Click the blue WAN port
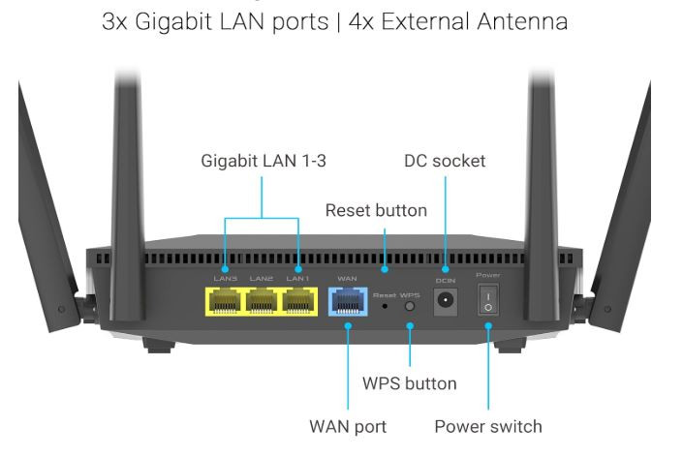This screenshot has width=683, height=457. click(347, 303)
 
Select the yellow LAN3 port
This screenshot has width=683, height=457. click(225, 303)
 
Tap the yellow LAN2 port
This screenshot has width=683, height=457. click(261, 303)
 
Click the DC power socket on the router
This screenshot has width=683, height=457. click(446, 303)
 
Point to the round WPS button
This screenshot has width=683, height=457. click(410, 305)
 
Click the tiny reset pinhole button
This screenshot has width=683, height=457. click(387, 306)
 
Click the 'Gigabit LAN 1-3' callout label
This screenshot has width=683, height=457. click(263, 162)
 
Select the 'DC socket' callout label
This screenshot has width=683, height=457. click(445, 162)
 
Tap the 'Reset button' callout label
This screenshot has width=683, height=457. click(376, 210)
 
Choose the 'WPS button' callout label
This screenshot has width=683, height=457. click(409, 383)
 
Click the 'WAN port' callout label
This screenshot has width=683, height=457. click(348, 426)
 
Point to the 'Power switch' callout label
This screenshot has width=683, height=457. click(488, 426)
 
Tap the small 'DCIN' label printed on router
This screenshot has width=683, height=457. click(446, 279)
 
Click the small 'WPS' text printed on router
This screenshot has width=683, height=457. click(410, 292)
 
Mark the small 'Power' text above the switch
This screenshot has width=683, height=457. click(488, 275)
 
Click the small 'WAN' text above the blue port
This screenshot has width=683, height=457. click(347, 279)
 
